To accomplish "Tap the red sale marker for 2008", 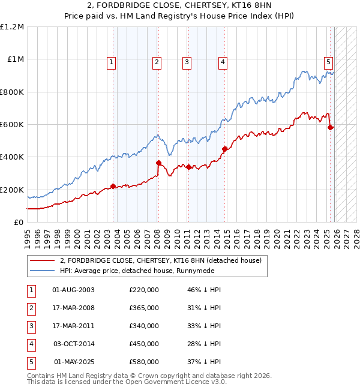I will coord(158,163).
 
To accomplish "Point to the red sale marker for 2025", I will coord(331,127).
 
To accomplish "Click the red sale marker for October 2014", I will coord(225,149).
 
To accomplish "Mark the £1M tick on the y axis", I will coord(16,59).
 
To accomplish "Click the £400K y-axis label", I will coord(13,157).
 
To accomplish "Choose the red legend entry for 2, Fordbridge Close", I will coord(160,261).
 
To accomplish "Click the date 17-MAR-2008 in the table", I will coord(74,308).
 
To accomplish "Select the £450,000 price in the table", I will coord(144,344).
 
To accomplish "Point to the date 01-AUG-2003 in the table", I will coord(74,290).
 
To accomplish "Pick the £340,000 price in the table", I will coord(144,326).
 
